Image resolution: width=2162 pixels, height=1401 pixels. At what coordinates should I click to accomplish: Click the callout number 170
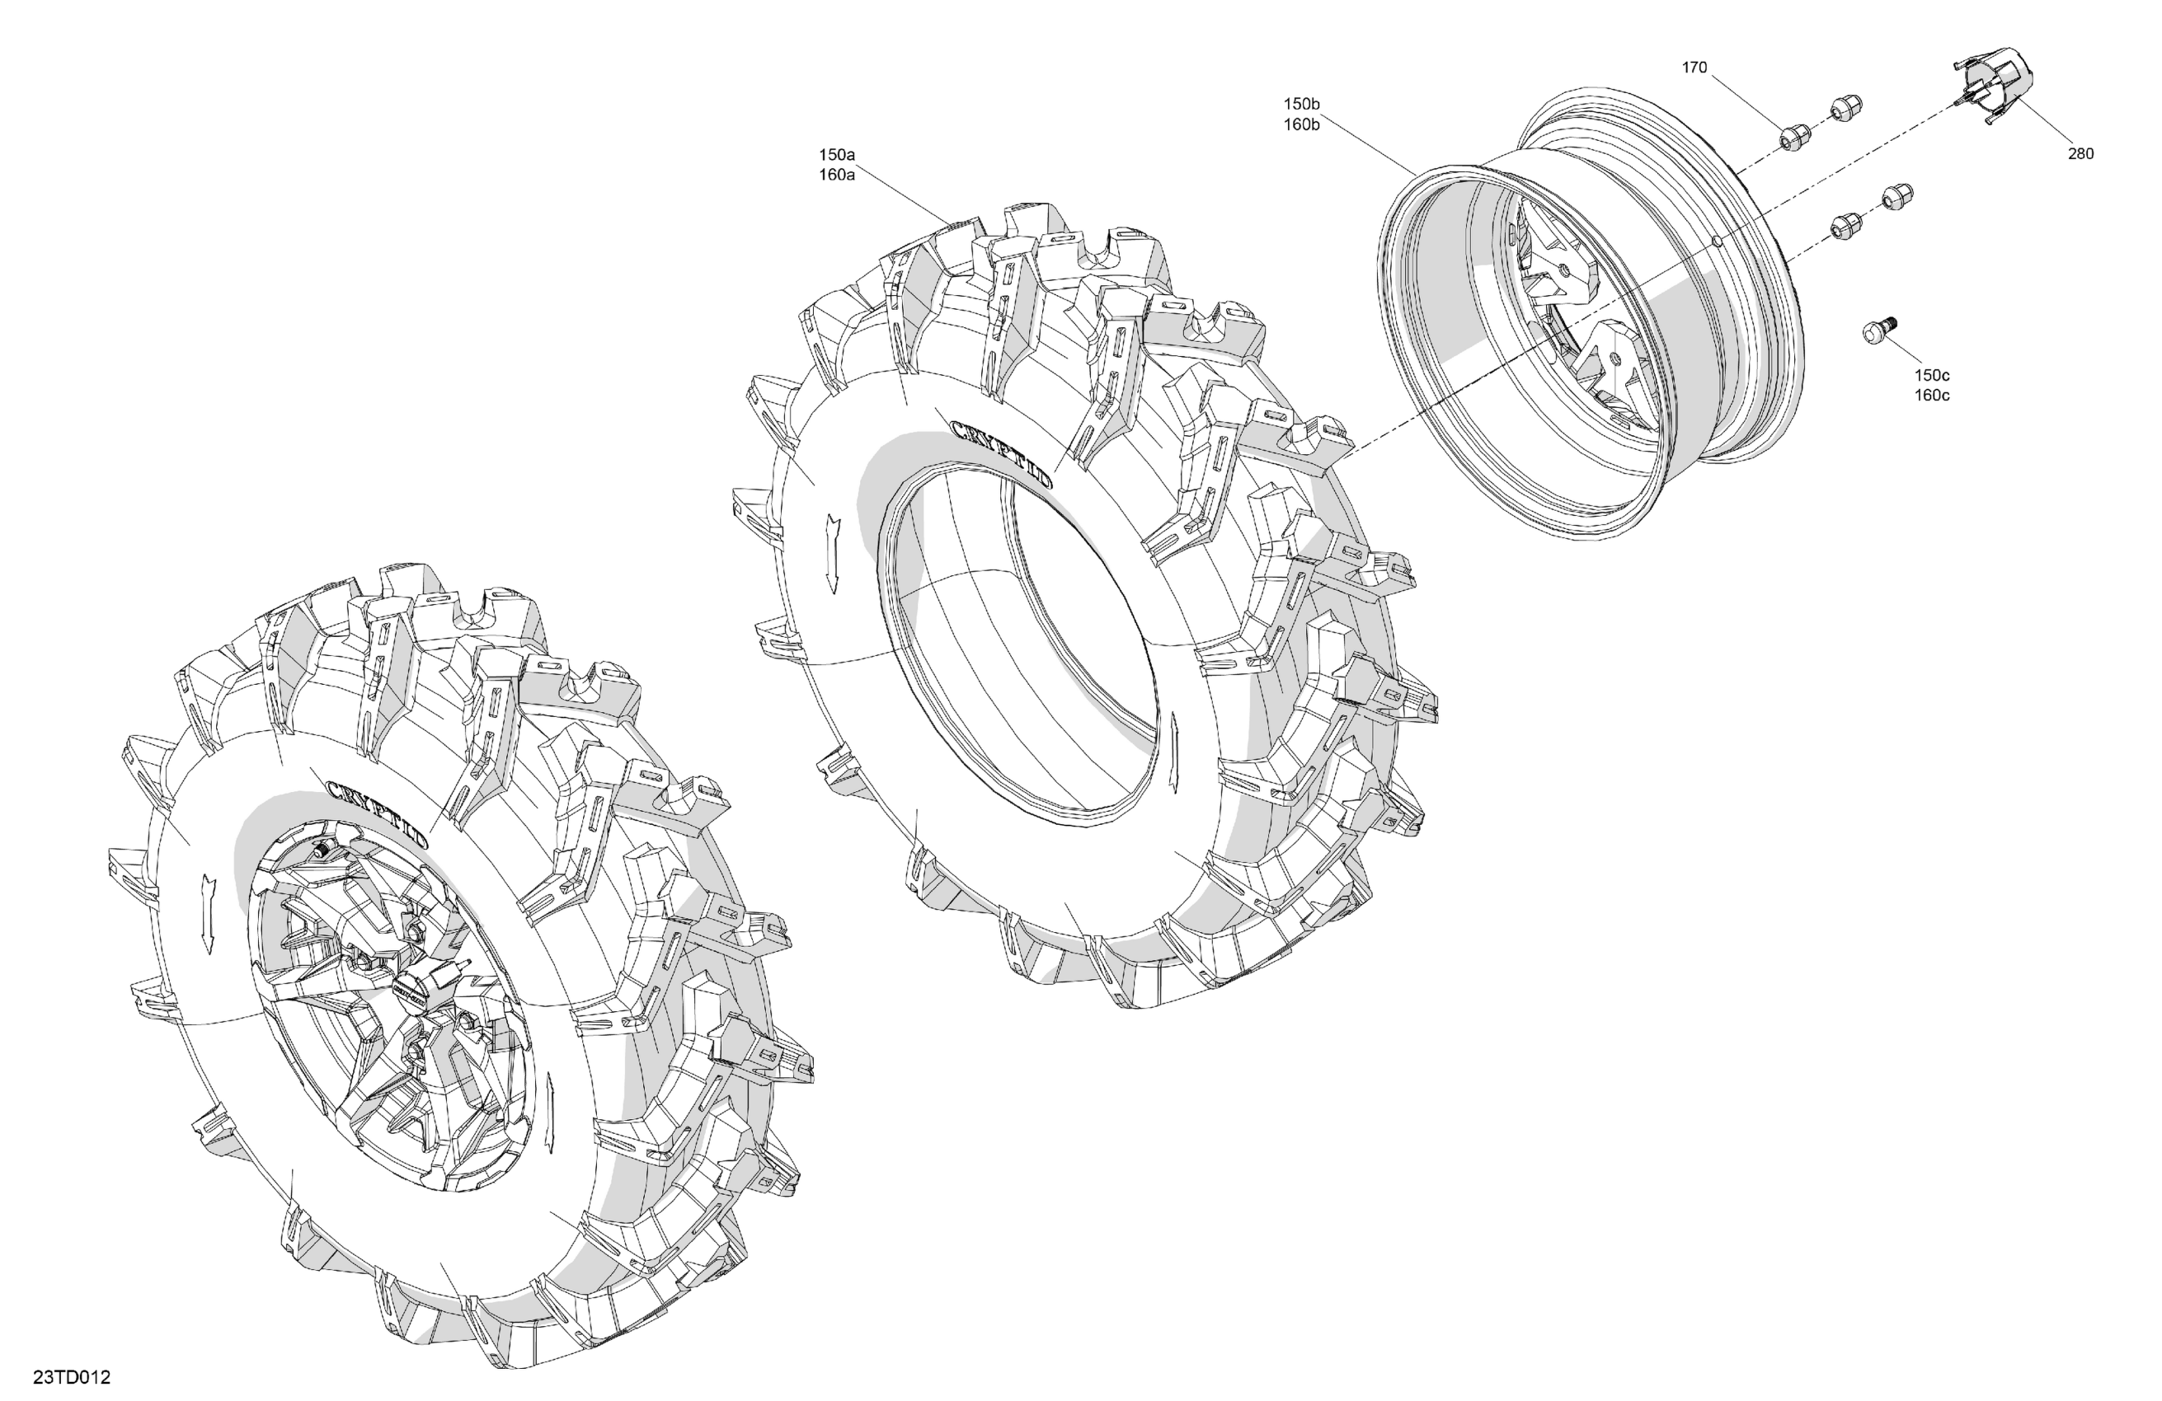click(x=1694, y=68)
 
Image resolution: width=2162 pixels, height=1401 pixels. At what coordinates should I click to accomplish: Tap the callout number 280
click(x=2080, y=153)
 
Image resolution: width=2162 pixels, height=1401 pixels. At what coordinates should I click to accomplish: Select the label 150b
click(x=1301, y=104)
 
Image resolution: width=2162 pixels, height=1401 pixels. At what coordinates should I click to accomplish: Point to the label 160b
click(x=1301, y=124)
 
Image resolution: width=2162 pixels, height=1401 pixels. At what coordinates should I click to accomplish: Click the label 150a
click(x=837, y=155)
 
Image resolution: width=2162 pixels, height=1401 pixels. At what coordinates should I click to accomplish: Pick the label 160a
click(x=837, y=176)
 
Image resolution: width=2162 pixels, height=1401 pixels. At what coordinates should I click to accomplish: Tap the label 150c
click(x=1932, y=375)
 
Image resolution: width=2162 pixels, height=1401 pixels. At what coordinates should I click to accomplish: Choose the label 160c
click(x=1932, y=395)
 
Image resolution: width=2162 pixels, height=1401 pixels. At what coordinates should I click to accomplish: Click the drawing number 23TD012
click(x=72, y=1377)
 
